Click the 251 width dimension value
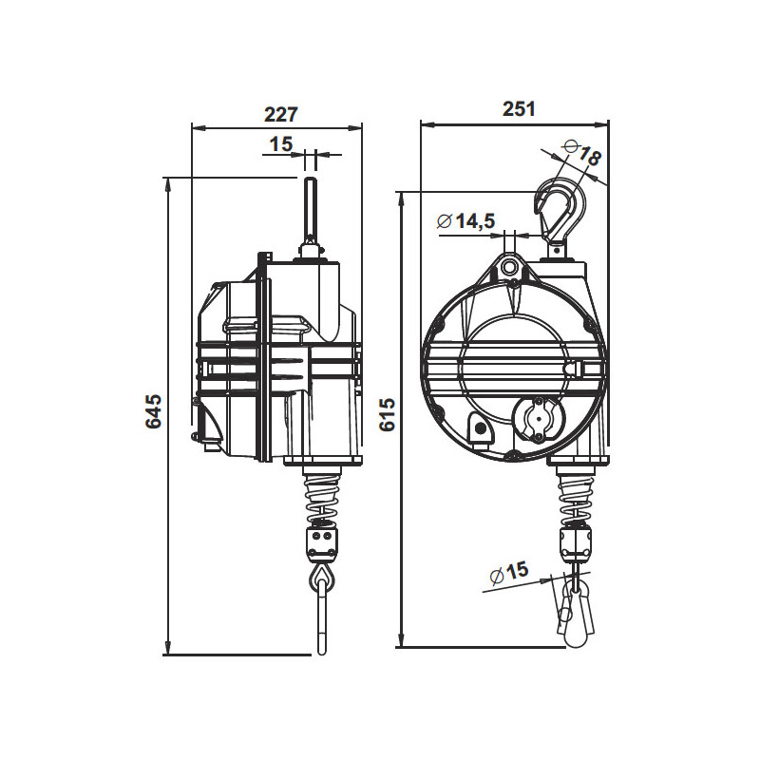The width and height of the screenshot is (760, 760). coord(518,108)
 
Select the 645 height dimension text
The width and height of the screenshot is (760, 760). coord(154,413)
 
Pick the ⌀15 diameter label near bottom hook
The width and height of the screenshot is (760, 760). coord(509,573)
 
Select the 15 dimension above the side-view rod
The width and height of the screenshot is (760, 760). coord(281,144)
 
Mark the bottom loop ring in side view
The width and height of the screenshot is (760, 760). coord(320,577)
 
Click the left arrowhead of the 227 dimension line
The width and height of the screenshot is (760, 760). coord(196,126)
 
